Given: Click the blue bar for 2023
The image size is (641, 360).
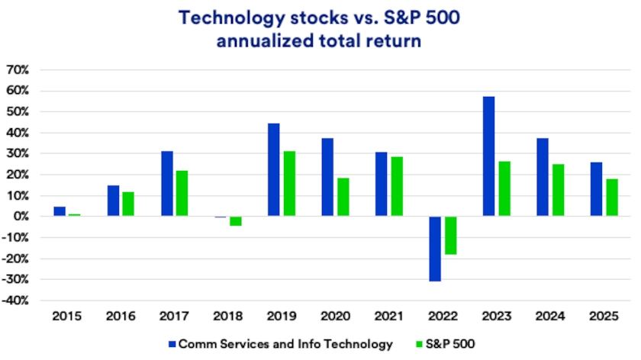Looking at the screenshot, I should tap(488, 156).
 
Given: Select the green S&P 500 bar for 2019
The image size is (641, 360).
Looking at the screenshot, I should tap(289, 184).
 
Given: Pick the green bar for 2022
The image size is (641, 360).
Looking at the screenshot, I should tap(450, 235).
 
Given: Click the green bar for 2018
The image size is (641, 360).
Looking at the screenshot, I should tap(235, 221).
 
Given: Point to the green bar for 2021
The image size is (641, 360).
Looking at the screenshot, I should tap(397, 187).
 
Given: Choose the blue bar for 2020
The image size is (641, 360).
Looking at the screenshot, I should tap(327, 177).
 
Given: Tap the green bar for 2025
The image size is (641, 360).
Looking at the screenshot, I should tap(612, 198).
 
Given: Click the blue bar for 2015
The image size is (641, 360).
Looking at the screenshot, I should tap(60, 211).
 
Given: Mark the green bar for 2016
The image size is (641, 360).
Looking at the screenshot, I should tap(128, 204).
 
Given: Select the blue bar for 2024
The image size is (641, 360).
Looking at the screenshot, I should tap(543, 177).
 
